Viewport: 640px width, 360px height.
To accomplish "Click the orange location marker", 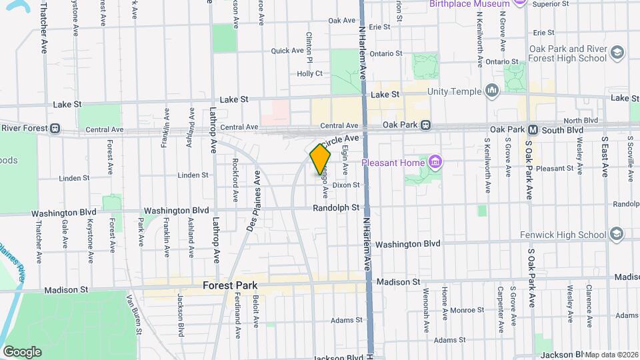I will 320,160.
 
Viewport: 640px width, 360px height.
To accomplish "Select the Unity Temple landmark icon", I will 493,91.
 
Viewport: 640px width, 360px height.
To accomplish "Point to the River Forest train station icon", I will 56,128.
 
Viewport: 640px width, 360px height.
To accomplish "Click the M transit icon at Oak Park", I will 533,129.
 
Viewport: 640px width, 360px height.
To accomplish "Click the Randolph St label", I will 337,209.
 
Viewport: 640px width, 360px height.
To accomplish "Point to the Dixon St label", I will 346,185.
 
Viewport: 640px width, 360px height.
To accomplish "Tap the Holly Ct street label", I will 309,73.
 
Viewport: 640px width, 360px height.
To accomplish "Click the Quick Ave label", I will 287,51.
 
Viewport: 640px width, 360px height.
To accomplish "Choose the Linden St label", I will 74,178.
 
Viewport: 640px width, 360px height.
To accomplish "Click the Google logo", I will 22,352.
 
